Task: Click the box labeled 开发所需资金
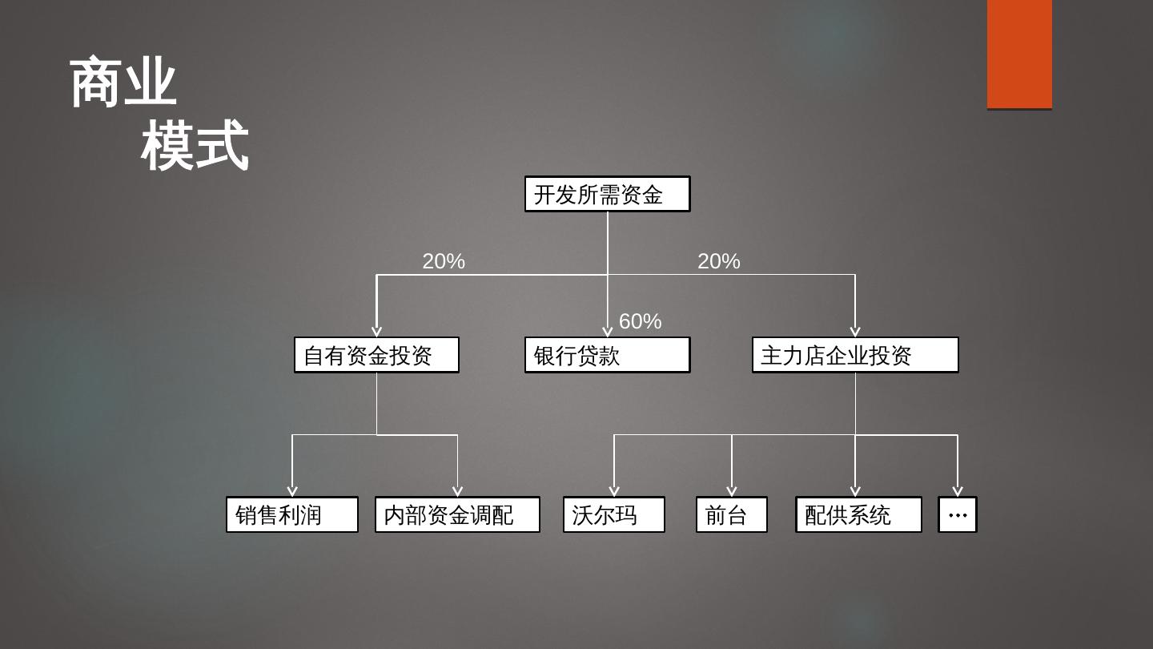click(x=607, y=194)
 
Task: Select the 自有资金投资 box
click(x=376, y=355)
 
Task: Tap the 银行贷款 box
click(x=607, y=355)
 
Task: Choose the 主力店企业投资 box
click(x=855, y=355)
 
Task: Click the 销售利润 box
click(x=292, y=514)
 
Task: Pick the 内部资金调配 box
click(x=457, y=514)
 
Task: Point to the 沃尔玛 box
click(x=614, y=514)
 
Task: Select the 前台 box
click(x=732, y=514)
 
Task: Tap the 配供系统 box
click(x=858, y=514)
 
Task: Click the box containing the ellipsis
click(x=958, y=514)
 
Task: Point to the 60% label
click(x=641, y=321)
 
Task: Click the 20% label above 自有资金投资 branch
click(x=444, y=261)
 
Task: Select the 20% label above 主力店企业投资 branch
click(x=719, y=261)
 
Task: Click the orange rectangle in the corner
click(x=1019, y=54)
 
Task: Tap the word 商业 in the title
click(x=123, y=83)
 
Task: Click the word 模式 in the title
click(x=195, y=146)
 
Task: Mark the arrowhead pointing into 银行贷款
click(x=607, y=332)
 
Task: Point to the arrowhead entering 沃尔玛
click(x=614, y=491)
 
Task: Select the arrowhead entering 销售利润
click(x=292, y=491)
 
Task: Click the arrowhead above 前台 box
click(x=732, y=491)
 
